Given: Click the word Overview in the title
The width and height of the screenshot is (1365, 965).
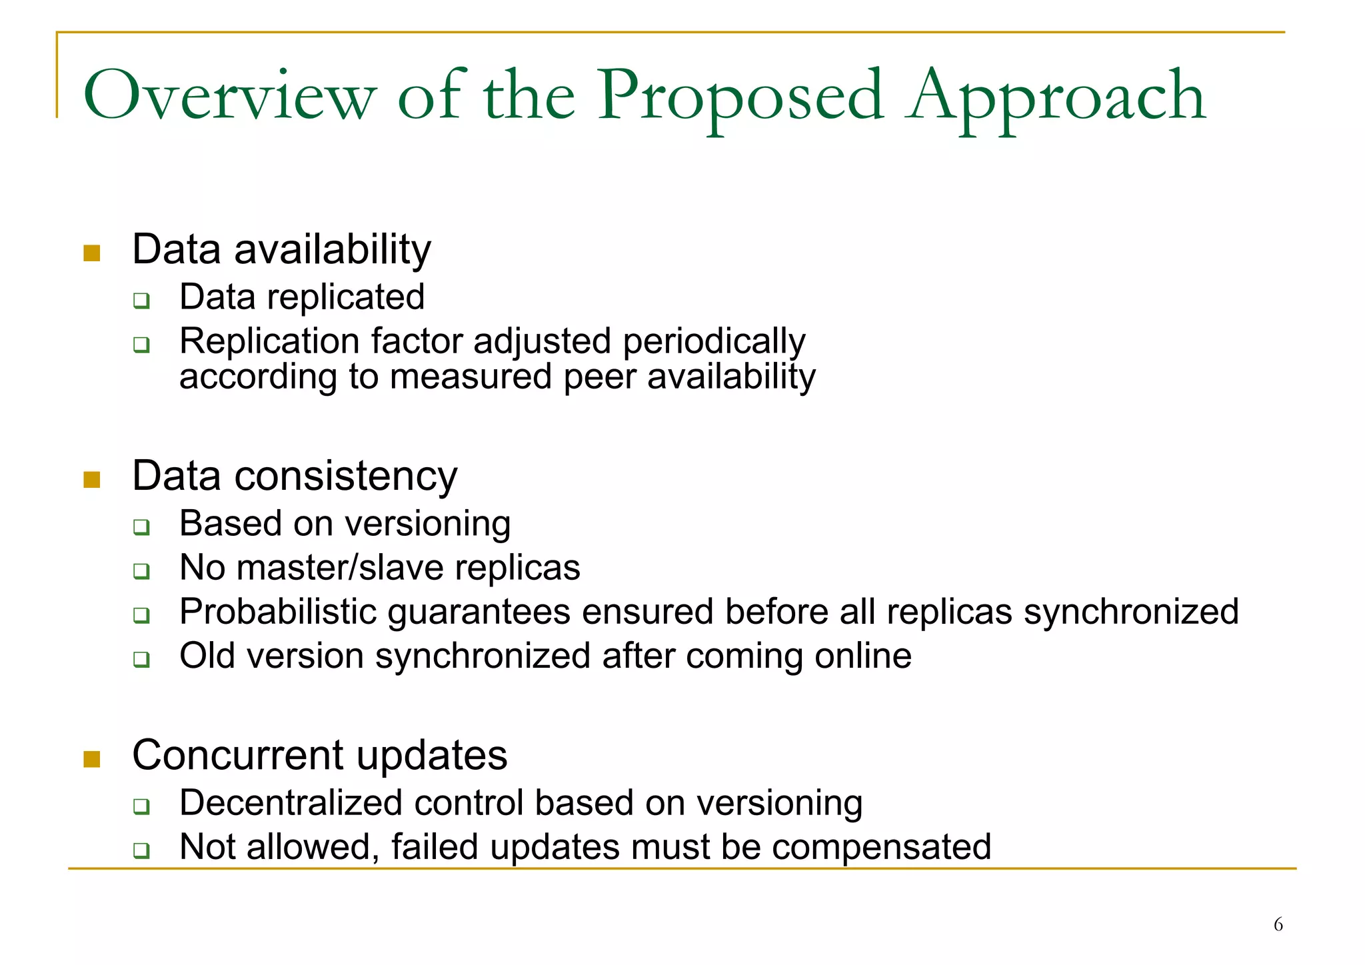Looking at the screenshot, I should coord(230,97).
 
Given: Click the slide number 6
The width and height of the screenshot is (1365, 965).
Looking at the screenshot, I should coord(1278,924).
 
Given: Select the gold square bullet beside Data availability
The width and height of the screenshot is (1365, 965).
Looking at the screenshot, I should coord(92,253).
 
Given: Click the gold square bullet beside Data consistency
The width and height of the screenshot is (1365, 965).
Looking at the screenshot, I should coord(92,480).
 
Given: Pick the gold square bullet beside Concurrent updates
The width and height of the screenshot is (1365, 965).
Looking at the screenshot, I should coord(92,759).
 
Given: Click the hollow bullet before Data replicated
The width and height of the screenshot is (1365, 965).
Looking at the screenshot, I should coord(141,301).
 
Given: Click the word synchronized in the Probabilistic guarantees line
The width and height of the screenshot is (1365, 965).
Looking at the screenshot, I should coord(1131,612).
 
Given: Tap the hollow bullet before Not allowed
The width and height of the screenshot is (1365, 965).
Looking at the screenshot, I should coord(141,850).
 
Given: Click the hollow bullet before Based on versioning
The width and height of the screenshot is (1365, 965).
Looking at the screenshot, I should coord(141,527).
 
